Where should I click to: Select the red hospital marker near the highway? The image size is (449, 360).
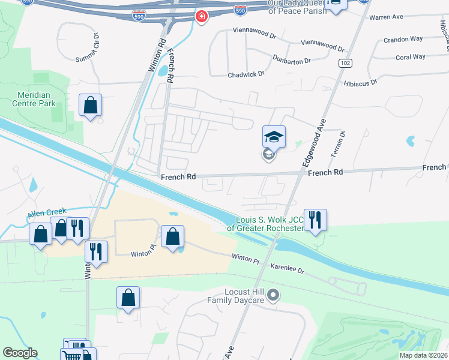click(x=200, y=16)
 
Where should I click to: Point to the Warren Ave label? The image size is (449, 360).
click(x=385, y=17)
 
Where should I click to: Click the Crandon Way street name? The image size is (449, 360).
click(x=402, y=40)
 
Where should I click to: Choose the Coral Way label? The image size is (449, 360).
click(x=411, y=57)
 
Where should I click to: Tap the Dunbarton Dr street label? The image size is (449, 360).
click(x=291, y=61)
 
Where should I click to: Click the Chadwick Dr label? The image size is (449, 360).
click(x=246, y=74)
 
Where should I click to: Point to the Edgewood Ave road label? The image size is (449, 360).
click(x=313, y=143)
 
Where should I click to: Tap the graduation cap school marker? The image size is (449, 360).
click(x=274, y=137)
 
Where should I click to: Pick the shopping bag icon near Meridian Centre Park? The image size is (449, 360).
click(x=90, y=105)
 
